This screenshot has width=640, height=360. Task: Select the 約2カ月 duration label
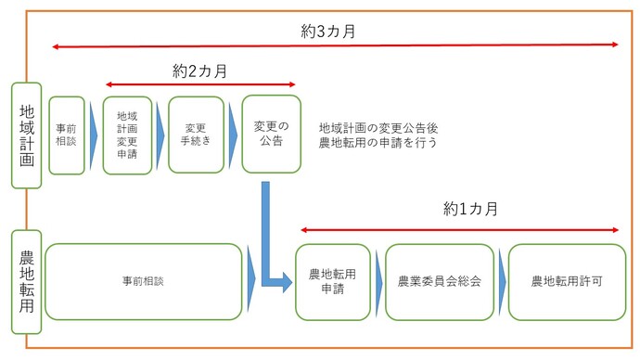(200, 71)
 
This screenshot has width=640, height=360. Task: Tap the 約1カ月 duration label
(471, 208)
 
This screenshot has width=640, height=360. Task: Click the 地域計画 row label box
(26, 135)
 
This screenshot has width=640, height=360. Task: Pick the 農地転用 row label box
(26, 282)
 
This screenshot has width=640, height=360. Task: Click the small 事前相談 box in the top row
(67, 135)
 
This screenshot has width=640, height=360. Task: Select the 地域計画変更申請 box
(127, 135)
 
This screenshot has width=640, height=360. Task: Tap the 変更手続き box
(196, 135)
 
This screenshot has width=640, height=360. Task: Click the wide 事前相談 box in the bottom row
(143, 280)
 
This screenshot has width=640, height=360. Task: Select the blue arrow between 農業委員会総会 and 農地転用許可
(501, 280)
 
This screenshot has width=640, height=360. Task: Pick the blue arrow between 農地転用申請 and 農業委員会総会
(377, 280)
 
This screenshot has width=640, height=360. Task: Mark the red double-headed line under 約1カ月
(460, 228)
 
